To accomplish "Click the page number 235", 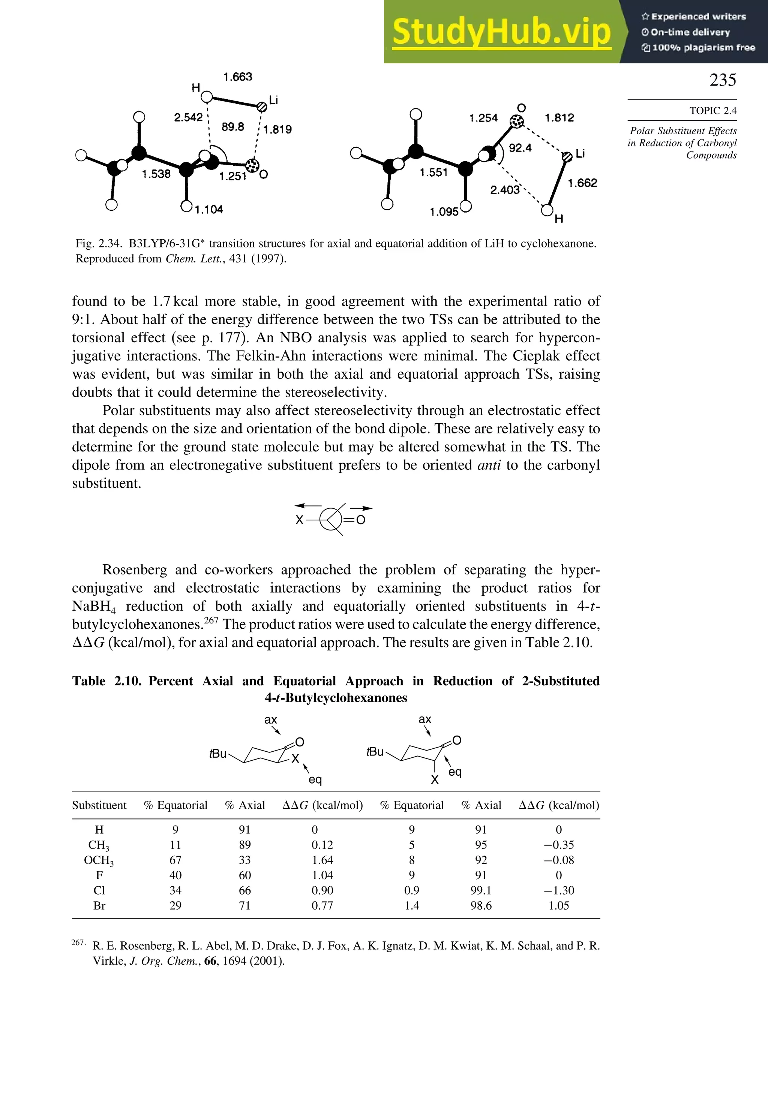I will [722, 80].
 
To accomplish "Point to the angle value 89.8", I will [233, 127].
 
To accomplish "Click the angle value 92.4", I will [520, 148].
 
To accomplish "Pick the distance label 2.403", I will [505, 190].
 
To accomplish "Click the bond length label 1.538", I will [156, 174].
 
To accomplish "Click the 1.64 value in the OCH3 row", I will [322, 860].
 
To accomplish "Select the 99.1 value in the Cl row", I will [481, 890].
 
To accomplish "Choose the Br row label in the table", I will [99, 905].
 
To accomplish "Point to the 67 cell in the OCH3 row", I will [175, 860].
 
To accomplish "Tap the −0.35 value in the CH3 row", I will [558, 845].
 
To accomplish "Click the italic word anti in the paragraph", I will [489, 465].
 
